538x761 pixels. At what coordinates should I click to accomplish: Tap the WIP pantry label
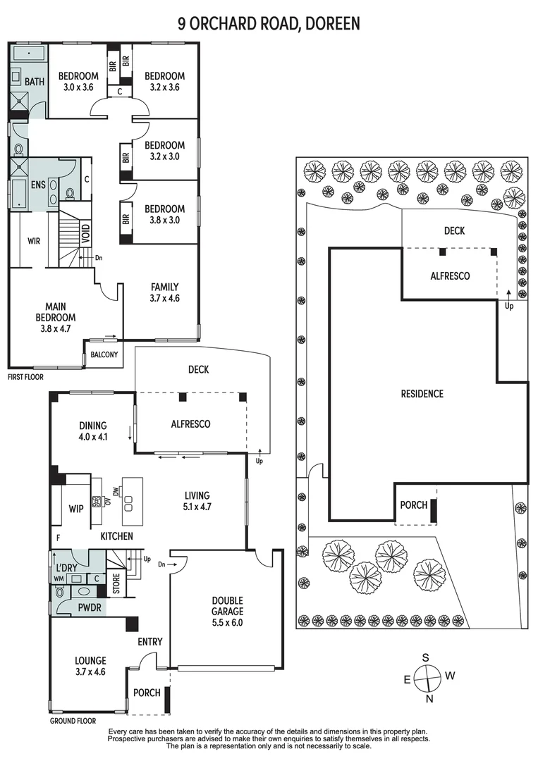tap(76, 508)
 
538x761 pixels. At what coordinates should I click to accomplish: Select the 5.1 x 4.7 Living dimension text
tap(196, 506)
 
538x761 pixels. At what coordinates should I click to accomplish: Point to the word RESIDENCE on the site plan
tap(422, 394)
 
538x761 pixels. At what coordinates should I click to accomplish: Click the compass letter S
tap(426, 657)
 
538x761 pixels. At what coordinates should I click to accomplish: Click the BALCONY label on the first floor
tap(104, 354)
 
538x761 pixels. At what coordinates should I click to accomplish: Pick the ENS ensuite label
tap(37, 185)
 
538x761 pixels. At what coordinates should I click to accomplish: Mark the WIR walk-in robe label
tap(33, 241)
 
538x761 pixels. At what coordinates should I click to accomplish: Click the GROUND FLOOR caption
tap(73, 721)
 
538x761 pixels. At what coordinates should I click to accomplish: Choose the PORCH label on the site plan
tap(413, 505)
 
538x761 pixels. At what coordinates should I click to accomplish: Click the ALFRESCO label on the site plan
tap(450, 276)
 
